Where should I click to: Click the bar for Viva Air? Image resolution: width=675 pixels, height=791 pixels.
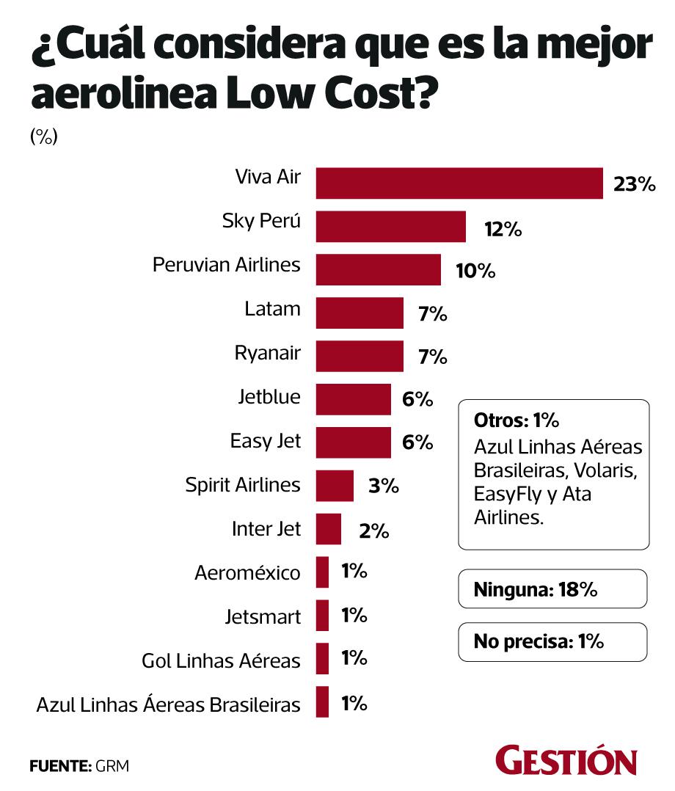(459, 183)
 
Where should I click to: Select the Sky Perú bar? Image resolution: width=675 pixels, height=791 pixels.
(390, 226)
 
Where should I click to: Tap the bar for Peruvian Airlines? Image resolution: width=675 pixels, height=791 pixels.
(378, 269)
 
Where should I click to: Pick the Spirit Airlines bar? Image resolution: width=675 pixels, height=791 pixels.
(335, 485)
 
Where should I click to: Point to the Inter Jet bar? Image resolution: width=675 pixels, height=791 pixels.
(328, 528)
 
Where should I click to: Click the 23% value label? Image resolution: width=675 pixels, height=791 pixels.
(634, 185)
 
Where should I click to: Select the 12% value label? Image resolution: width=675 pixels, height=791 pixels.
(503, 229)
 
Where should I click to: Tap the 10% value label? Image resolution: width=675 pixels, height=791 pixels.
(475, 271)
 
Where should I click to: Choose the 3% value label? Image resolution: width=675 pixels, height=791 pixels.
(384, 486)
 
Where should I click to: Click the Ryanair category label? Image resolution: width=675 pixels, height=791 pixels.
(267, 354)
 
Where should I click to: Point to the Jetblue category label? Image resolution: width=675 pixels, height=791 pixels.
(269, 397)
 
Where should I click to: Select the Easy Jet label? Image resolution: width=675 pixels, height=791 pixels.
(265, 442)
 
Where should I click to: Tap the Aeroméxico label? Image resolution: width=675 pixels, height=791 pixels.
(247, 573)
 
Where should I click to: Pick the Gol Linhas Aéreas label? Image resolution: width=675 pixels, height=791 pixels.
(221, 660)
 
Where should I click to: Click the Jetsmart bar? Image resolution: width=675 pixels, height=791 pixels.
(322, 615)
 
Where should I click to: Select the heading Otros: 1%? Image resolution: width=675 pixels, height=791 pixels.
(517, 421)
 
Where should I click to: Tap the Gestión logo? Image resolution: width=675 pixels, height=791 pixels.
(566, 761)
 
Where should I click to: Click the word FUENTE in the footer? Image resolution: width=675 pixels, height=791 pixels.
(58, 766)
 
